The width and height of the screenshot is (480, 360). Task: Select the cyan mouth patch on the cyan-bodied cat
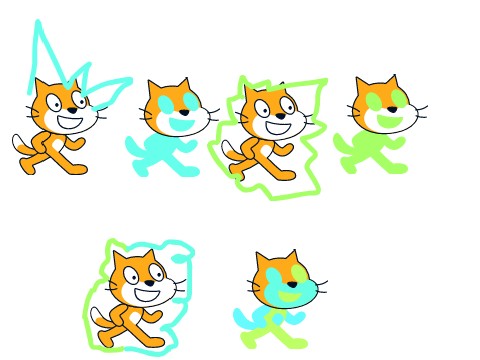(x=180, y=122)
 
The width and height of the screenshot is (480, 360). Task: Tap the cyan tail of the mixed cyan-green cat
(x=242, y=318)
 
